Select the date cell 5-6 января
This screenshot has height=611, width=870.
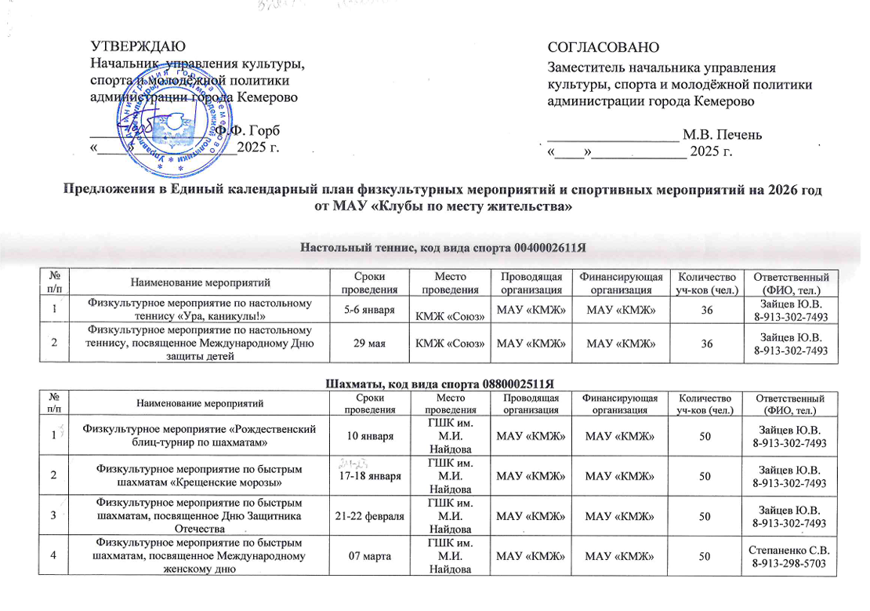click(x=370, y=311)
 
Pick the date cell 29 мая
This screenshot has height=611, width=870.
click(x=370, y=344)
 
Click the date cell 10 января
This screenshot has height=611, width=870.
click(x=370, y=435)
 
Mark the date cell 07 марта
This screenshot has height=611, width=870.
click(x=370, y=555)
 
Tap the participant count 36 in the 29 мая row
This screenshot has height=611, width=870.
click(x=708, y=344)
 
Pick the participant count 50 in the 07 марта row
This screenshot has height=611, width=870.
click(x=708, y=555)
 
